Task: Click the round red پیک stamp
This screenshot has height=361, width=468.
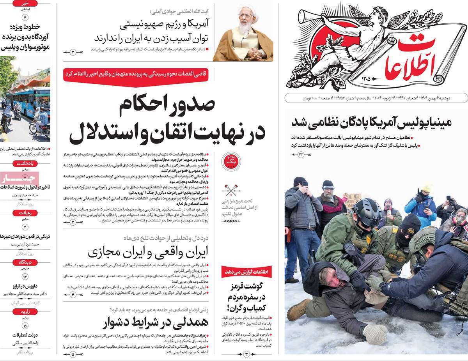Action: (229, 160)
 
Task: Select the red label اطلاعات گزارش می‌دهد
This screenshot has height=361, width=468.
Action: (247, 272)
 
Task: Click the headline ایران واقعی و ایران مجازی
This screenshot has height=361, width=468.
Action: (148, 252)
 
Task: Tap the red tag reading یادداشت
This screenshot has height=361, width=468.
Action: (25, 164)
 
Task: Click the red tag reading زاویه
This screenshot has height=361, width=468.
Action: (25, 311)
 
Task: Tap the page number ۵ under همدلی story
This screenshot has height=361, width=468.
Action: (73, 355)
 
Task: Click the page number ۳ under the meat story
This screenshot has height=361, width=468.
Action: (246, 354)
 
